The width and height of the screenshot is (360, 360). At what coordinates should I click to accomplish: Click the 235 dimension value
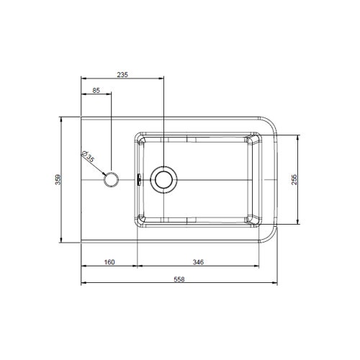122,74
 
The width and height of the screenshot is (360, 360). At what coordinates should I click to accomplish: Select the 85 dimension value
96,91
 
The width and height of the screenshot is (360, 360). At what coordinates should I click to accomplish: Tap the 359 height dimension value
59,181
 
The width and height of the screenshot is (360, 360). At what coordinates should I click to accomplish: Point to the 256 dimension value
294,180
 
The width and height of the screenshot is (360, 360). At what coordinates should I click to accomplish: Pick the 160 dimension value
109,262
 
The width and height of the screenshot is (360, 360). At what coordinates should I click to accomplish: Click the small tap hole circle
112,178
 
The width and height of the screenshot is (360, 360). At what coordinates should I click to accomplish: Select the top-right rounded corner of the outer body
271,122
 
